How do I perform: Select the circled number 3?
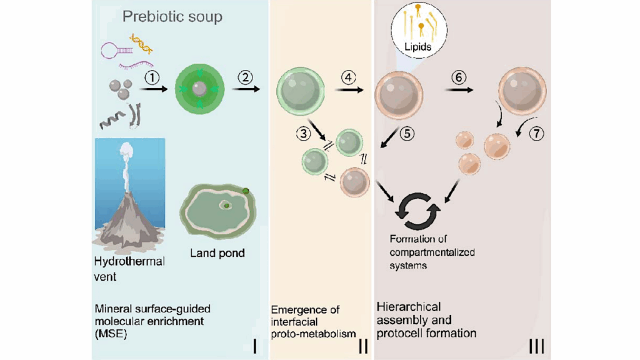pos(303,132)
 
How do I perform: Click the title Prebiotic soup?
pos(172,17)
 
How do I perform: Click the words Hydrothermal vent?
pos(129,268)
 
